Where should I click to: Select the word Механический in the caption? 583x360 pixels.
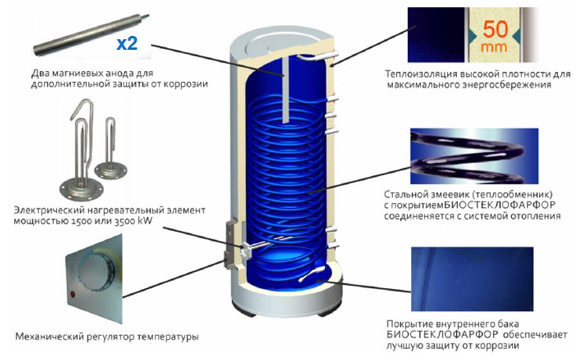point(48,337)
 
